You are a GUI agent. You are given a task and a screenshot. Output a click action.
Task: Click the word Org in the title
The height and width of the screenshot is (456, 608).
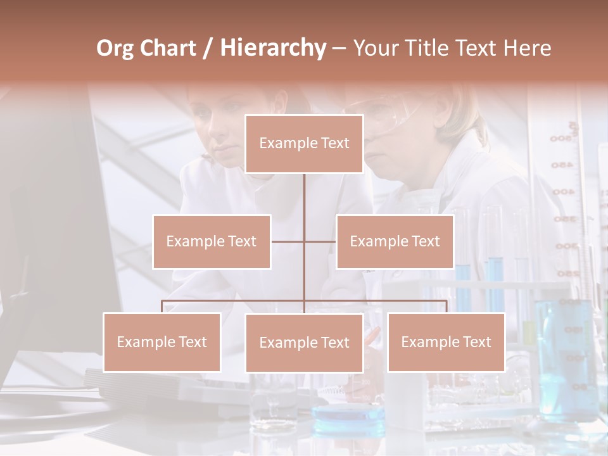point(115,48)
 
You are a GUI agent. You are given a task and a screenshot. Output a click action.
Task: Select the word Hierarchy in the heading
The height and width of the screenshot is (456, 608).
point(272,48)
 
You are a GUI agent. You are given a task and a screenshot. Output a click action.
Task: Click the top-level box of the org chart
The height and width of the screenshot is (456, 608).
point(304,144)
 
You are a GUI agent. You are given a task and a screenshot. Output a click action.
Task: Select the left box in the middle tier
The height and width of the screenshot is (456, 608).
point(212,241)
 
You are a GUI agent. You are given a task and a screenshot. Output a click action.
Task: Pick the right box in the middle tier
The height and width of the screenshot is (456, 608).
point(395,241)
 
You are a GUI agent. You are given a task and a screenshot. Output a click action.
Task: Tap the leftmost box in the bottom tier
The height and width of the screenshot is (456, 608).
point(161,342)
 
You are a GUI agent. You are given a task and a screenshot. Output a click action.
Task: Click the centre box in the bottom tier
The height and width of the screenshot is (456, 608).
point(304,343)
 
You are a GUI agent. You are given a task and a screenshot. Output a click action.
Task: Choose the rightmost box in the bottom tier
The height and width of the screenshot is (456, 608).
point(446,342)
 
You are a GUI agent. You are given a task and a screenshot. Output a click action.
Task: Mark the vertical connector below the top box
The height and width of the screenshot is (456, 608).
point(304,203)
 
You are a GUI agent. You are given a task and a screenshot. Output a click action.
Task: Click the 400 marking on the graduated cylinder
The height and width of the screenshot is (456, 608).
point(562,191)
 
